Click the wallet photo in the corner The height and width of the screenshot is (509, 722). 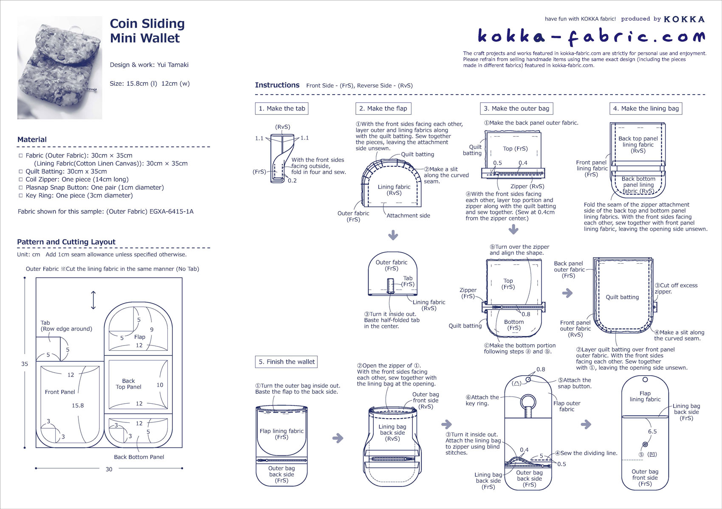(x=59, y=67)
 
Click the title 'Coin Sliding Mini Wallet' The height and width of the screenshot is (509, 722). (x=147, y=31)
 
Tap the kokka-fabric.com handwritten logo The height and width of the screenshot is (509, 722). (x=591, y=37)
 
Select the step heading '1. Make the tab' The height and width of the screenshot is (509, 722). (x=282, y=109)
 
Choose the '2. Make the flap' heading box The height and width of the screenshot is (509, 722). (x=383, y=109)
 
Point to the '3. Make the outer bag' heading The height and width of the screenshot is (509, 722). (x=516, y=109)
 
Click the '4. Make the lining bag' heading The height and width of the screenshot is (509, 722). (x=646, y=109)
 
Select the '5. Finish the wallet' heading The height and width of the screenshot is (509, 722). (x=287, y=362)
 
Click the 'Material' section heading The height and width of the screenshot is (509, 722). (x=32, y=140)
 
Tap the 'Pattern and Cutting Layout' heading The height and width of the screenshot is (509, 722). (x=66, y=242)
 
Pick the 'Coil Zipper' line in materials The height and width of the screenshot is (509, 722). (x=76, y=180)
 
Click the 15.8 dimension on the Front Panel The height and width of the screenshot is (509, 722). (x=78, y=405)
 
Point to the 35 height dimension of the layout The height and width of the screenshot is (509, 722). (x=25, y=364)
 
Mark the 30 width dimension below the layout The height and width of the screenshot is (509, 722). (x=109, y=469)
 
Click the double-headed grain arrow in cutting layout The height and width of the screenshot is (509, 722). (x=93, y=300)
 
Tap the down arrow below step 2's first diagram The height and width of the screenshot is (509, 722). (x=393, y=235)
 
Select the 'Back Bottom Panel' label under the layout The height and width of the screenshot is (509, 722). (x=139, y=457)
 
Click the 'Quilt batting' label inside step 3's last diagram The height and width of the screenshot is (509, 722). (x=622, y=297)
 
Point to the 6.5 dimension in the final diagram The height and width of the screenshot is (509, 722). (x=652, y=431)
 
